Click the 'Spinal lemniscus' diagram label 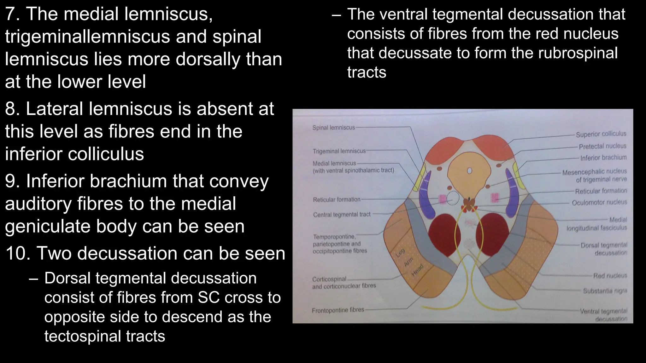point(333,128)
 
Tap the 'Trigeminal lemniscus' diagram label point(339,151)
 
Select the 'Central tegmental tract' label point(342,215)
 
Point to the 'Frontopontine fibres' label point(338,310)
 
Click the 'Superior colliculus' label point(601,134)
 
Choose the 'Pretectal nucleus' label point(602,146)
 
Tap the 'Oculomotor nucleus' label point(599,202)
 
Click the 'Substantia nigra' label point(605,291)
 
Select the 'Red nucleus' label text point(610,276)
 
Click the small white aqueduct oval point(469,171)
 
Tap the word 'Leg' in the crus point(400,252)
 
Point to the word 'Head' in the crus point(418,270)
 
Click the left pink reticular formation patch point(442,199)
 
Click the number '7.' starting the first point point(13,14)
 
